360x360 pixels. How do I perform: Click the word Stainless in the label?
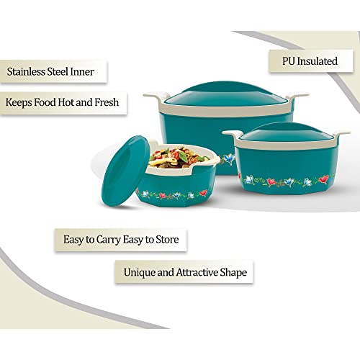point(26,72)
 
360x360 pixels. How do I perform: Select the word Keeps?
point(19,102)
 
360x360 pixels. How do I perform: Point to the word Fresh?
point(107,102)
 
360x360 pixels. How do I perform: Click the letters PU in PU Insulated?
point(289,61)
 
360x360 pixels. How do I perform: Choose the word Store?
point(167,239)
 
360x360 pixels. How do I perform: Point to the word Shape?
point(233,273)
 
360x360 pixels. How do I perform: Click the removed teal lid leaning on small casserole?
point(125,171)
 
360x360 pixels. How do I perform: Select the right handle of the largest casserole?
point(297,96)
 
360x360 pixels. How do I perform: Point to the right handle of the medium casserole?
point(341,135)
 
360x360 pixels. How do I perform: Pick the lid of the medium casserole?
point(286,132)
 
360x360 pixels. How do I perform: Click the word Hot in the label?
point(66,102)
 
